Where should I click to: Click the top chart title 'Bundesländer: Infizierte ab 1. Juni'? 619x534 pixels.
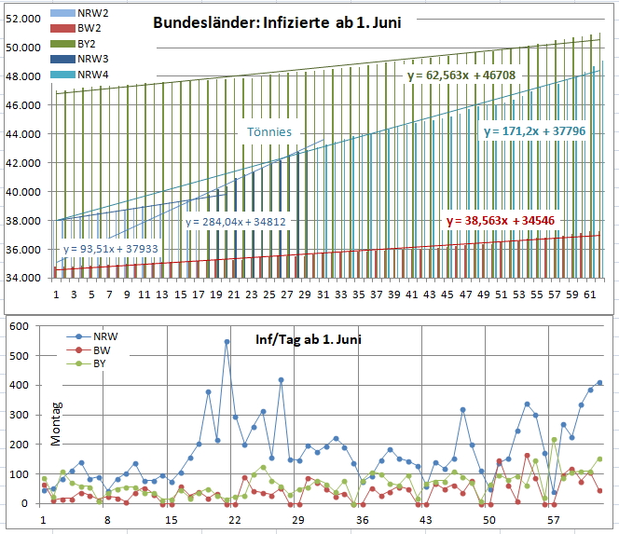(278, 23)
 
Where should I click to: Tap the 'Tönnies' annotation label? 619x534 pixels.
(269, 132)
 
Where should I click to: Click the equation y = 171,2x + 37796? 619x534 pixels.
(534, 131)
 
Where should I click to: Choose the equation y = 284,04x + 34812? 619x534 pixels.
(235, 222)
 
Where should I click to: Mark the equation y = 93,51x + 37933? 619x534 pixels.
(111, 249)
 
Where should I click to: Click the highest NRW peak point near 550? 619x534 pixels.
(227, 341)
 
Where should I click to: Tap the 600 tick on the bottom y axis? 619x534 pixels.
(18, 327)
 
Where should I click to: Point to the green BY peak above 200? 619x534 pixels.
(554, 439)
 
